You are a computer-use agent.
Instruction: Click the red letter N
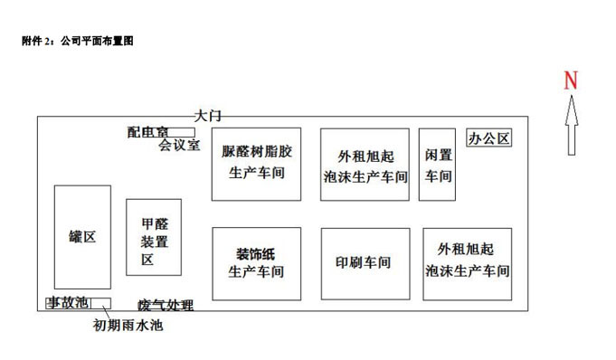click(x=571, y=81)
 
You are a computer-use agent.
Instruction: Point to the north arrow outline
click(x=572, y=125)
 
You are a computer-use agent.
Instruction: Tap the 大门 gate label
click(x=208, y=116)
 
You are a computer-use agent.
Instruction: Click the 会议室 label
click(x=179, y=145)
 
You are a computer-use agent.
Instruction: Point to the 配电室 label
click(x=147, y=132)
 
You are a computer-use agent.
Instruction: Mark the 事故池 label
click(x=69, y=303)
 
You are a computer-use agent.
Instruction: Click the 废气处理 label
click(x=166, y=306)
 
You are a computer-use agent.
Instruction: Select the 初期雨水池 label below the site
click(x=128, y=325)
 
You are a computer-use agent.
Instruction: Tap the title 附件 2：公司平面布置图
click(x=78, y=41)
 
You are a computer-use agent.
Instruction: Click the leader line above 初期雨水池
click(x=106, y=312)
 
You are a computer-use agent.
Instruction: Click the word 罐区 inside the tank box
click(x=82, y=237)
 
